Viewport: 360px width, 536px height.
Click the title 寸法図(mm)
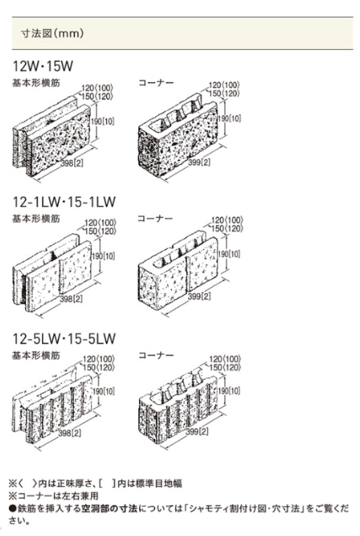point(52,34)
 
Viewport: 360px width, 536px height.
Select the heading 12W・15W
point(43,66)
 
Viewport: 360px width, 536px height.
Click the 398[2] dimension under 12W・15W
point(72,163)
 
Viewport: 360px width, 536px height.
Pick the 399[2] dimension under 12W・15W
point(199,162)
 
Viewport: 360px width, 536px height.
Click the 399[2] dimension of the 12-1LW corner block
point(199,296)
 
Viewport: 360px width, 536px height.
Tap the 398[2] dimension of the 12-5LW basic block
point(69,433)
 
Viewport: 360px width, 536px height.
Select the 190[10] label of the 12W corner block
point(229,118)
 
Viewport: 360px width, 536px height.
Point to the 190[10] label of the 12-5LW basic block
point(104,391)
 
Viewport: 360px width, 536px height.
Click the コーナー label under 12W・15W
point(156,83)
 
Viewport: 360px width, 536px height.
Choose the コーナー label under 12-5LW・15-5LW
point(156,356)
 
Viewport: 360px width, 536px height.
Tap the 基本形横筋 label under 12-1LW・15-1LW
point(36,218)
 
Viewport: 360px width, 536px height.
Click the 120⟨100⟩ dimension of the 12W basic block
point(97,89)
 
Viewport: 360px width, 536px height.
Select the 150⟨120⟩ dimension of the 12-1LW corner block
point(227,228)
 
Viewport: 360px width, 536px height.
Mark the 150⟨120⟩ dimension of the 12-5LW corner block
point(225,368)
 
